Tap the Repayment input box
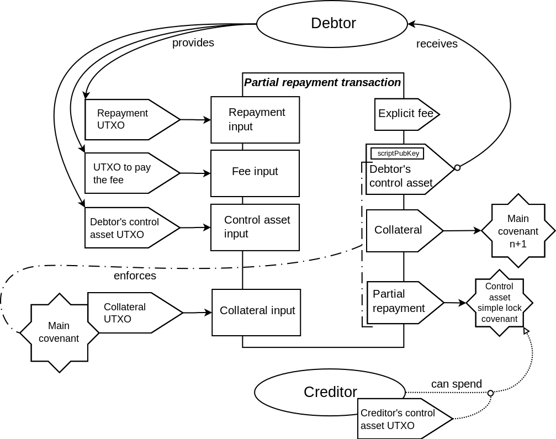(255, 120)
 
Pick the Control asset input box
(255, 227)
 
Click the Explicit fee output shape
(405, 114)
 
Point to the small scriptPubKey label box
(397, 154)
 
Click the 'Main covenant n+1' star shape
(518, 231)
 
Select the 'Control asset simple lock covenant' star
(499, 303)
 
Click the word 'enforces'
(135, 276)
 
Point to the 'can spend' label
(456, 384)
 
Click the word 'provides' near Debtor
(193, 43)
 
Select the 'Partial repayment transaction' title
(322, 82)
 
